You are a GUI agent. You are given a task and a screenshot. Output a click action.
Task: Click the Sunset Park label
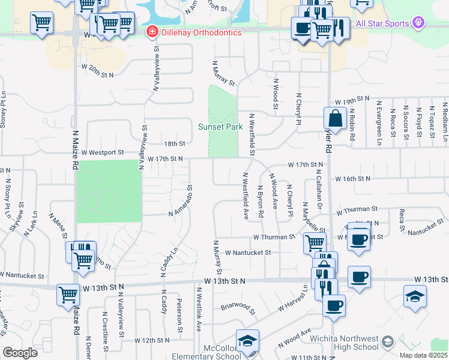coord(220,127)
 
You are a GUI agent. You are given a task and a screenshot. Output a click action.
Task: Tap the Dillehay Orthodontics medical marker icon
coord(152,32)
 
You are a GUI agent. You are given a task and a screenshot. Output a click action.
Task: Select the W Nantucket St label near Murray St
coord(249,253)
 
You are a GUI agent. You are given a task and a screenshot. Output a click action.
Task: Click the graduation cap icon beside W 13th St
coord(415,296)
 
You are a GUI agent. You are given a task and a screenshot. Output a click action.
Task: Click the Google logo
coord(20,353)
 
